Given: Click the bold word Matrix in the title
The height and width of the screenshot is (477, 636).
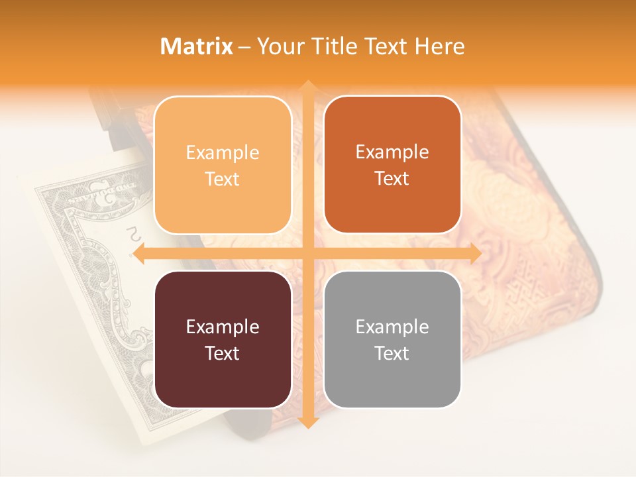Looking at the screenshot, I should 197,46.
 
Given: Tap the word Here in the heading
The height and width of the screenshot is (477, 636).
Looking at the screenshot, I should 440,46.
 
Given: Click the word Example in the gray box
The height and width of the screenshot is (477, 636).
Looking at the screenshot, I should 392,327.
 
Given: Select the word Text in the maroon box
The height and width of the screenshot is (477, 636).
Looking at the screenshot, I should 223,353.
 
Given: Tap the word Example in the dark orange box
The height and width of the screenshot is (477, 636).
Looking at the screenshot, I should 392,152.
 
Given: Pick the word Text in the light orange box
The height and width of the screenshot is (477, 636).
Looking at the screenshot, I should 223,179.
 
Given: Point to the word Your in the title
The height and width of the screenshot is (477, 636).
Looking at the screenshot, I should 279,46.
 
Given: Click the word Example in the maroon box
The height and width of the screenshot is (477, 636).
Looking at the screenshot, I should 223,327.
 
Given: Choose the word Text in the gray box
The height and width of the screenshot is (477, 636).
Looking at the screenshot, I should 392,353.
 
